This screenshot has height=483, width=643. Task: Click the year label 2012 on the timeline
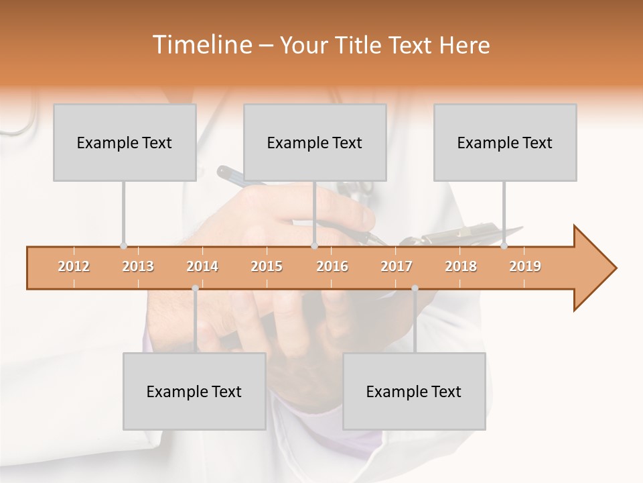74,266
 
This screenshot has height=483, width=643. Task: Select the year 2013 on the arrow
138,266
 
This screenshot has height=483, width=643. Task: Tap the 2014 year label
202,266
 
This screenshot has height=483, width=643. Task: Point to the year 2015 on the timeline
267,266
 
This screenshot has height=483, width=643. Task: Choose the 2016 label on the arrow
332,266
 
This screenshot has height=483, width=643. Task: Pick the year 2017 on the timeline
397,266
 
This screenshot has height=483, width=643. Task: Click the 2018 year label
461,266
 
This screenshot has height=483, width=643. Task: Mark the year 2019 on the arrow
525,266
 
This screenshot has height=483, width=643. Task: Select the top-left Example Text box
125,142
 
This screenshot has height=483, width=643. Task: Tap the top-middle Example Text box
315,142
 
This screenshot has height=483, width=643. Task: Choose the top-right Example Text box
505,142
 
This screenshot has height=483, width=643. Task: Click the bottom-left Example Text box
194,391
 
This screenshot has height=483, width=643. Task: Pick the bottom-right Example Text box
414,391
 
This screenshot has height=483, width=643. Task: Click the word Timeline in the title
201,45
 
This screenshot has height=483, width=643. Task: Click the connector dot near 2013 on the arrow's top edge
123,246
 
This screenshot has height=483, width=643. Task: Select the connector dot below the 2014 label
195,288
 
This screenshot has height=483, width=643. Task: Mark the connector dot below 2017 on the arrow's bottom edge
415,288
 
